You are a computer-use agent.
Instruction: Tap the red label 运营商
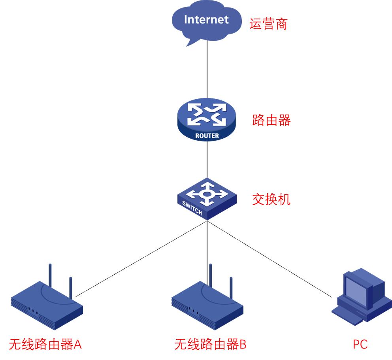click(x=268, y=24)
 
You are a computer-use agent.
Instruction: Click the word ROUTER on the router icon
click(x=207, y=136)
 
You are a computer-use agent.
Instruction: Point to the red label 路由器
click(x=271, y=120)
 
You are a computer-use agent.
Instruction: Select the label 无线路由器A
click(x=45, y=344)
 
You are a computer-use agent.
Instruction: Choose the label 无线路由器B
click(x=210, y=344)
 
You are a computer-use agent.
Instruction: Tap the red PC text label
click(x=360, y=344)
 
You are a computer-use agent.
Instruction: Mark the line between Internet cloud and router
click(x=207, y=71)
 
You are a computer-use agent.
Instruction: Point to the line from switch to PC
click(x=269, y=259)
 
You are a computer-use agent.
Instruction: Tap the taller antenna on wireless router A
click(x=50, y=277)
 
